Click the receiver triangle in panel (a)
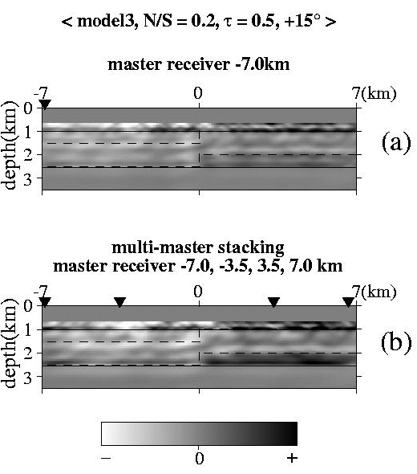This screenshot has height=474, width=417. click(x=45, y=104)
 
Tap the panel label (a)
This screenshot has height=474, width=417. click(x=396, y=143)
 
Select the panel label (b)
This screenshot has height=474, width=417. click(x=396, y=343)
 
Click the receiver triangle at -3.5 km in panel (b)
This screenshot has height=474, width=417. click(x=120, y=302)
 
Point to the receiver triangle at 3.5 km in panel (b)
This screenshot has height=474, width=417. click(x=273, y=302)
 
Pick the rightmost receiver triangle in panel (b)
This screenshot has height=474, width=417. click(x=349, y=302)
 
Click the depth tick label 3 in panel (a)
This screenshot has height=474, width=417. click(x=28, y=178)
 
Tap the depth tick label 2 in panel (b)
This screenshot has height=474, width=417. click(x=28, y=353)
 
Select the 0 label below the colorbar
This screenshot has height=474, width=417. click(x=199, y=458)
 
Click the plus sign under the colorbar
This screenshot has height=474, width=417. click(x=292, y=458)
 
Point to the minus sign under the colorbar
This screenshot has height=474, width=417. click(x=106, y=458)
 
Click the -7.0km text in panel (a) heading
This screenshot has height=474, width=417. click(x=262, y=64)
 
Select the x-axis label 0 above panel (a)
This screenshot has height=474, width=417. click(x=198, y=93)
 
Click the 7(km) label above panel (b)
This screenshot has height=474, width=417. click(x=374, y=292)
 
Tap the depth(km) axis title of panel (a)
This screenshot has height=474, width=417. click(x=9, y=145)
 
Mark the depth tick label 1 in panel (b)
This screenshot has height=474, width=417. click(x=28, y=329)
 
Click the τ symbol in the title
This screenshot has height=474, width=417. click(x=229, y=22)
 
